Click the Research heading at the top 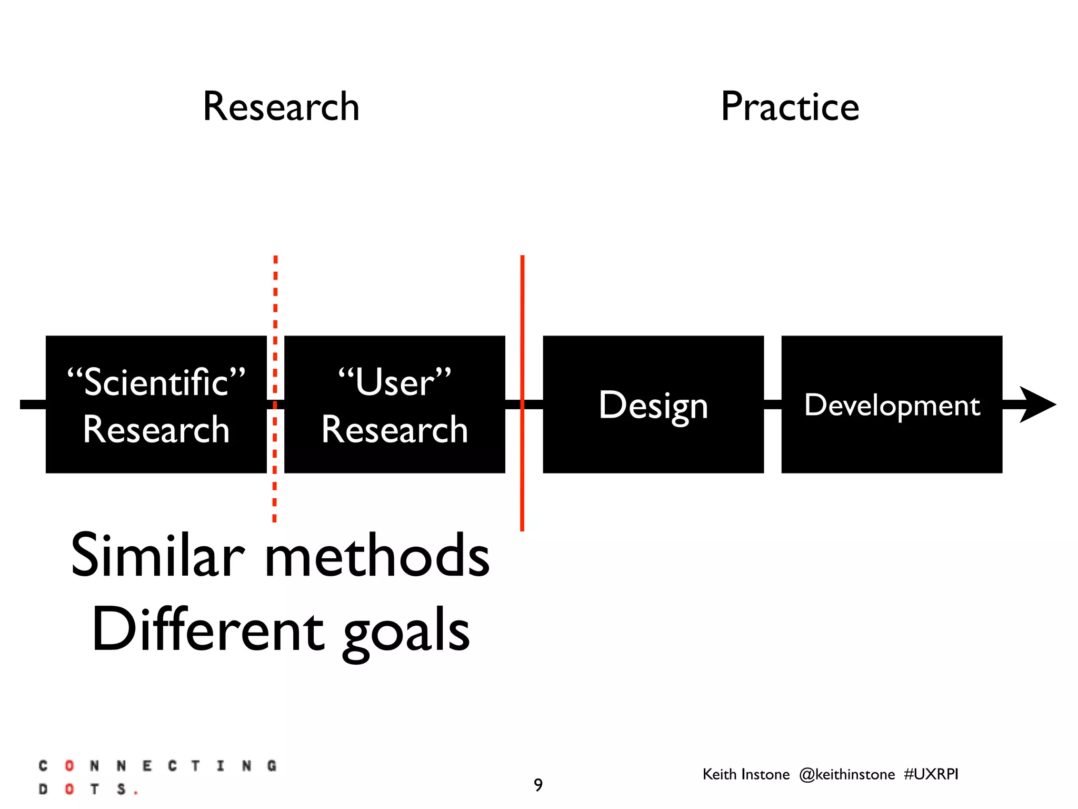click(281, 107)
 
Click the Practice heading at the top click(790, 107)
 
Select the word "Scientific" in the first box click(156, 382)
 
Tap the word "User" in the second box click(395, 382)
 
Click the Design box click(653, 404)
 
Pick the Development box click(892, 404)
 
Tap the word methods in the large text click(377, 556)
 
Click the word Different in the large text click(207, 630)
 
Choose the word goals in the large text click(406, 632)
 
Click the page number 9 click(538, 785)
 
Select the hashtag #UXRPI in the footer click(931, 774)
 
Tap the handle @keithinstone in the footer click(846, 774)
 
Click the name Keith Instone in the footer click(746, 774)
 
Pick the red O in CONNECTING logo click(69, 765)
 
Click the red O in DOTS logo click(69, 789)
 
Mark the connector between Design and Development click(772, 404)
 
